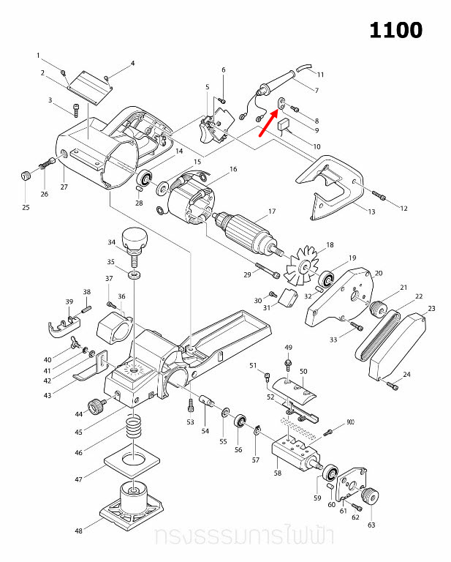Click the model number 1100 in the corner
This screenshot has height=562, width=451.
395,31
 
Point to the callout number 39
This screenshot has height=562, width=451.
69,301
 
